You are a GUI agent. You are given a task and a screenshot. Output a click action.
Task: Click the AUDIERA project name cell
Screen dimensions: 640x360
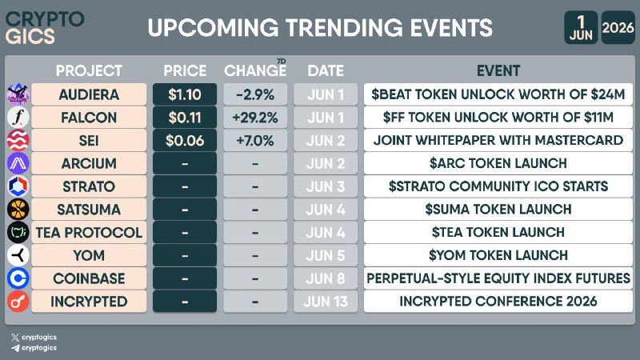[89, 94]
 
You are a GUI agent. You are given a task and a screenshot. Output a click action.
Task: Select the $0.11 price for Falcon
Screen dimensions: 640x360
[185, 118]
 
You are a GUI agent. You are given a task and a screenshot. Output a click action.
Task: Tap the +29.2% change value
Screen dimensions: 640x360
[255, 118]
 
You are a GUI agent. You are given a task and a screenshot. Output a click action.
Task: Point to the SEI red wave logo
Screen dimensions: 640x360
[18, 141]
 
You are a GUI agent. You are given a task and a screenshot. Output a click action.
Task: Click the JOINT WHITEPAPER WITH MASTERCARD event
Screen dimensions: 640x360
[498, 141]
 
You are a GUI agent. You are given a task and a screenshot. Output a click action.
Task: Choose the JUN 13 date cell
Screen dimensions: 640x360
[326, 302]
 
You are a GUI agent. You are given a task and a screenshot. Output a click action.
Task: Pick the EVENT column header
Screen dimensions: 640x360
[498, 70]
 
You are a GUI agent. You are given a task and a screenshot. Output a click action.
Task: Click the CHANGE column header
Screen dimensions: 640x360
[255, 70]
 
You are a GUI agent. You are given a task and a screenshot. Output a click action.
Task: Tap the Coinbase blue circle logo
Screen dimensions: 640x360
[18, 278]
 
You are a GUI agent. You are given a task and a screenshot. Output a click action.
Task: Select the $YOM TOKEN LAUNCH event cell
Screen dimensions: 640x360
[498, 255]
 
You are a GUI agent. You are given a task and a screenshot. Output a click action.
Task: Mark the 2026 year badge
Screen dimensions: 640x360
[618, 27]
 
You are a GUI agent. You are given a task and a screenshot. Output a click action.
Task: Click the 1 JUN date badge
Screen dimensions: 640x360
[581, 27]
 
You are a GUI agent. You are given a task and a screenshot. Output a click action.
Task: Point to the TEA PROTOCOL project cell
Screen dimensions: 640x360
[89, 233]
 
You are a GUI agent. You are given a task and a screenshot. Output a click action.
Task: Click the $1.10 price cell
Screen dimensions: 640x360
[185, 94]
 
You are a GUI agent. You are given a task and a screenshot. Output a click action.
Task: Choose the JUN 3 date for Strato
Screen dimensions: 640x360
[326, 186]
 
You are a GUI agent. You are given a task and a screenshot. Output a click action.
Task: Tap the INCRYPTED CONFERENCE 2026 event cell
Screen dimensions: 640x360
[498, 302]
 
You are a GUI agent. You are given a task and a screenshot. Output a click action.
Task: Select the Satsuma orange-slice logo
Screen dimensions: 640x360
[18, 210]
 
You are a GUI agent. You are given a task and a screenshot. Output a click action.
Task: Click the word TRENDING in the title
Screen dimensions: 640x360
[344, 28]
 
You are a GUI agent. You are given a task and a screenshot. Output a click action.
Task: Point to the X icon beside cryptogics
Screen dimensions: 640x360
[15, 337]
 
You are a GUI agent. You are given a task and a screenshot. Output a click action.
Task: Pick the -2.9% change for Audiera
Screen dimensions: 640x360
[255, 94]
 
